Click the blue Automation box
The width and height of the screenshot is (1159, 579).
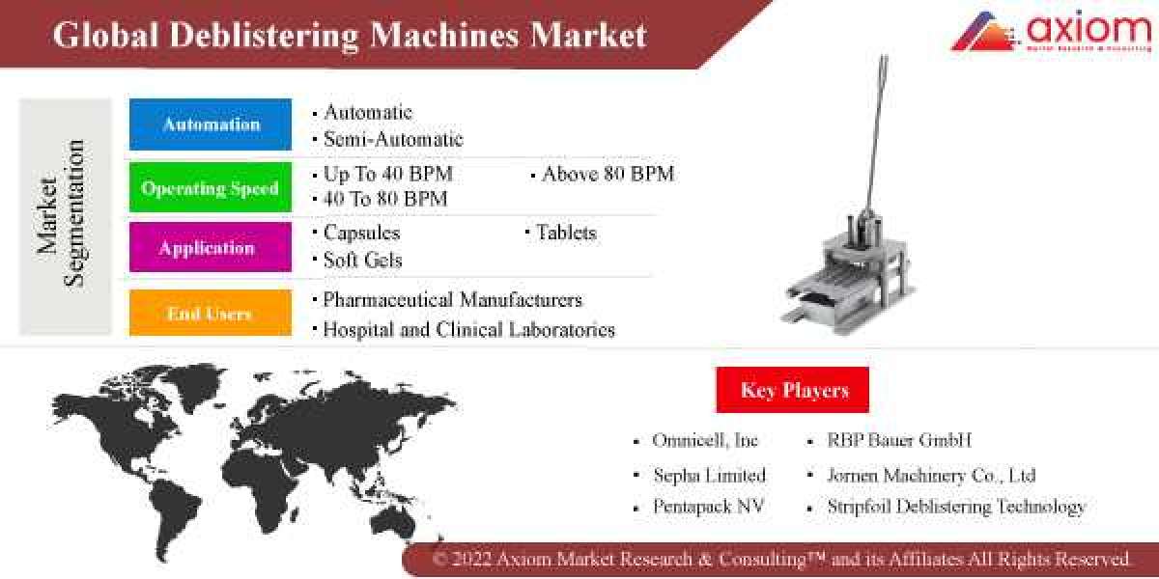tap(211, 124)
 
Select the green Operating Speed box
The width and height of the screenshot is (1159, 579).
tap(211, 188)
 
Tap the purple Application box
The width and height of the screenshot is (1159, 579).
tap(211, 248)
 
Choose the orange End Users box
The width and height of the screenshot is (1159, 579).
tap(211, 313)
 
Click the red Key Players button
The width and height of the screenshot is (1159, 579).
tap(793, 390)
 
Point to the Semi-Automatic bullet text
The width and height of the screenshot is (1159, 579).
tap(393, 139)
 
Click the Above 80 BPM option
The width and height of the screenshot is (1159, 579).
tap(608, 175)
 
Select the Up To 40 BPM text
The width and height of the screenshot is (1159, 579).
tap(387, 175)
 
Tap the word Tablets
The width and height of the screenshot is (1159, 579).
tap(566, 233)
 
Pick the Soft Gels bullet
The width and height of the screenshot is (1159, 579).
tap(362, 260)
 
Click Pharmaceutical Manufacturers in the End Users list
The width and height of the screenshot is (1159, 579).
tap(452, 300)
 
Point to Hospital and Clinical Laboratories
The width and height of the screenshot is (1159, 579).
tap(468, 330)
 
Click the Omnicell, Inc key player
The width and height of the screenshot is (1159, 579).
tap(705, 441)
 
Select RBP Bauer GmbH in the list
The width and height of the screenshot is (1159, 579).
tap(898, 441)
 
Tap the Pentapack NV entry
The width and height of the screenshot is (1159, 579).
tap(708, 507)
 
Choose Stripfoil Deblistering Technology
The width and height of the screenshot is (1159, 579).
tap(956, 507)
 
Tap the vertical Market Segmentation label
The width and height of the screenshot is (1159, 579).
tap(63, 214)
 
